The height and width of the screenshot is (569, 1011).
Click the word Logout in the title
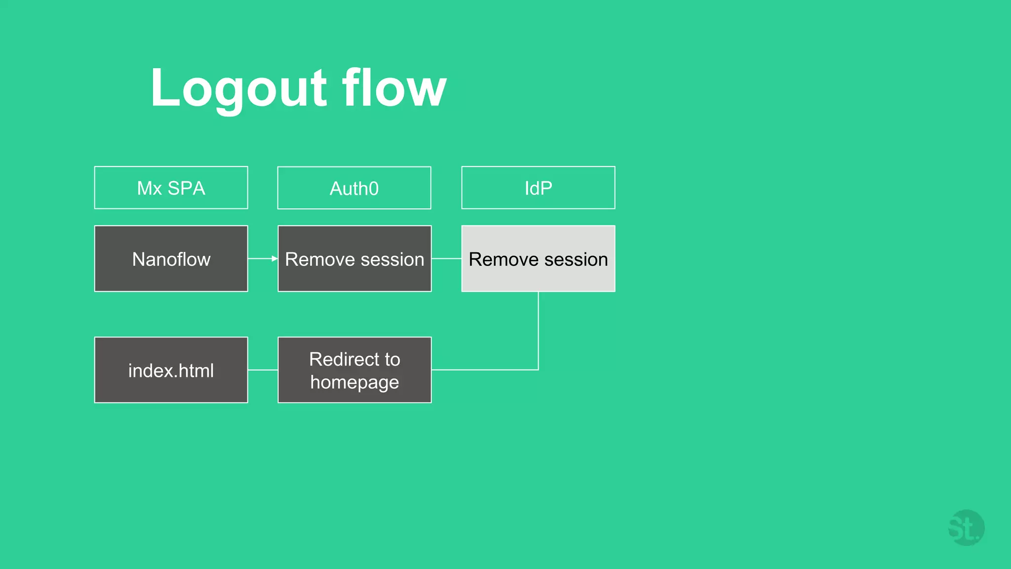click(x=238, y=89)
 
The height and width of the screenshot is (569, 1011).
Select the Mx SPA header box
click(x=171, y=188)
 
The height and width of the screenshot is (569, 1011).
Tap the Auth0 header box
click(x=354, y=188)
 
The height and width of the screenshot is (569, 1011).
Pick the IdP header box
click(x=538, y=188)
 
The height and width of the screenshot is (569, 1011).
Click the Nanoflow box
click(x=171, y=259)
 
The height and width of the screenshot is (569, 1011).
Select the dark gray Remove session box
click(x=354, y=259)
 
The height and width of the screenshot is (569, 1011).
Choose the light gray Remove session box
click(x=538, y=259)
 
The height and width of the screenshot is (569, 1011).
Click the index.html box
click(x=171, y=370)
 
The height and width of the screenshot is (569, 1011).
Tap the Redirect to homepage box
click(x=354, y=370)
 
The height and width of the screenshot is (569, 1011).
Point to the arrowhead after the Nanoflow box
click(x=274, y=258)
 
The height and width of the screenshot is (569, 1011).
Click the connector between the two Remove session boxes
click(x=446, y=258)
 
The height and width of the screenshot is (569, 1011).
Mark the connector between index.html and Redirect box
click(x=263, y=369)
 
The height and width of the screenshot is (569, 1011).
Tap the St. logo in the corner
click(x=966, y=528)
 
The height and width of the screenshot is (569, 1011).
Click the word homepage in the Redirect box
click(x=354, y=382)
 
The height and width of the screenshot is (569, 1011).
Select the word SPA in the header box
click(x=186, y=188)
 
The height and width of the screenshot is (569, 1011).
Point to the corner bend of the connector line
click(x=538, y=369)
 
